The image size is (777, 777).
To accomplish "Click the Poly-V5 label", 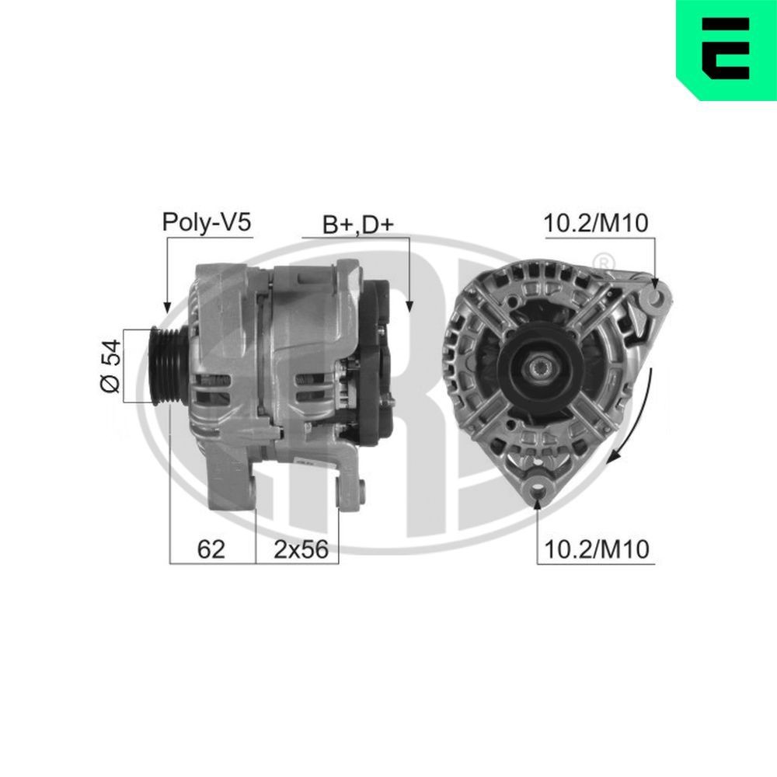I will tap(206, 223).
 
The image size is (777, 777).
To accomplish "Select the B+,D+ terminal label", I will tap(358, 225).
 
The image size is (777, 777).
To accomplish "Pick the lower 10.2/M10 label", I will tap(597, 549).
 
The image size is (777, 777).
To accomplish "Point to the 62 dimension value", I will tap(211, 549).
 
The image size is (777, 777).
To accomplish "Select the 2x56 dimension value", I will tap(296, 549).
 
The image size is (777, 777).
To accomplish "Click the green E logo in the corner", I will tap(726, 49).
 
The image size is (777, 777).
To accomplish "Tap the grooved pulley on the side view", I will tap(164, 365).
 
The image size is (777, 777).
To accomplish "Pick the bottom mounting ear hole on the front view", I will tap(538, 489).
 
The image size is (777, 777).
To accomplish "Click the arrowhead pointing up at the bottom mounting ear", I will tap(538, 501).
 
